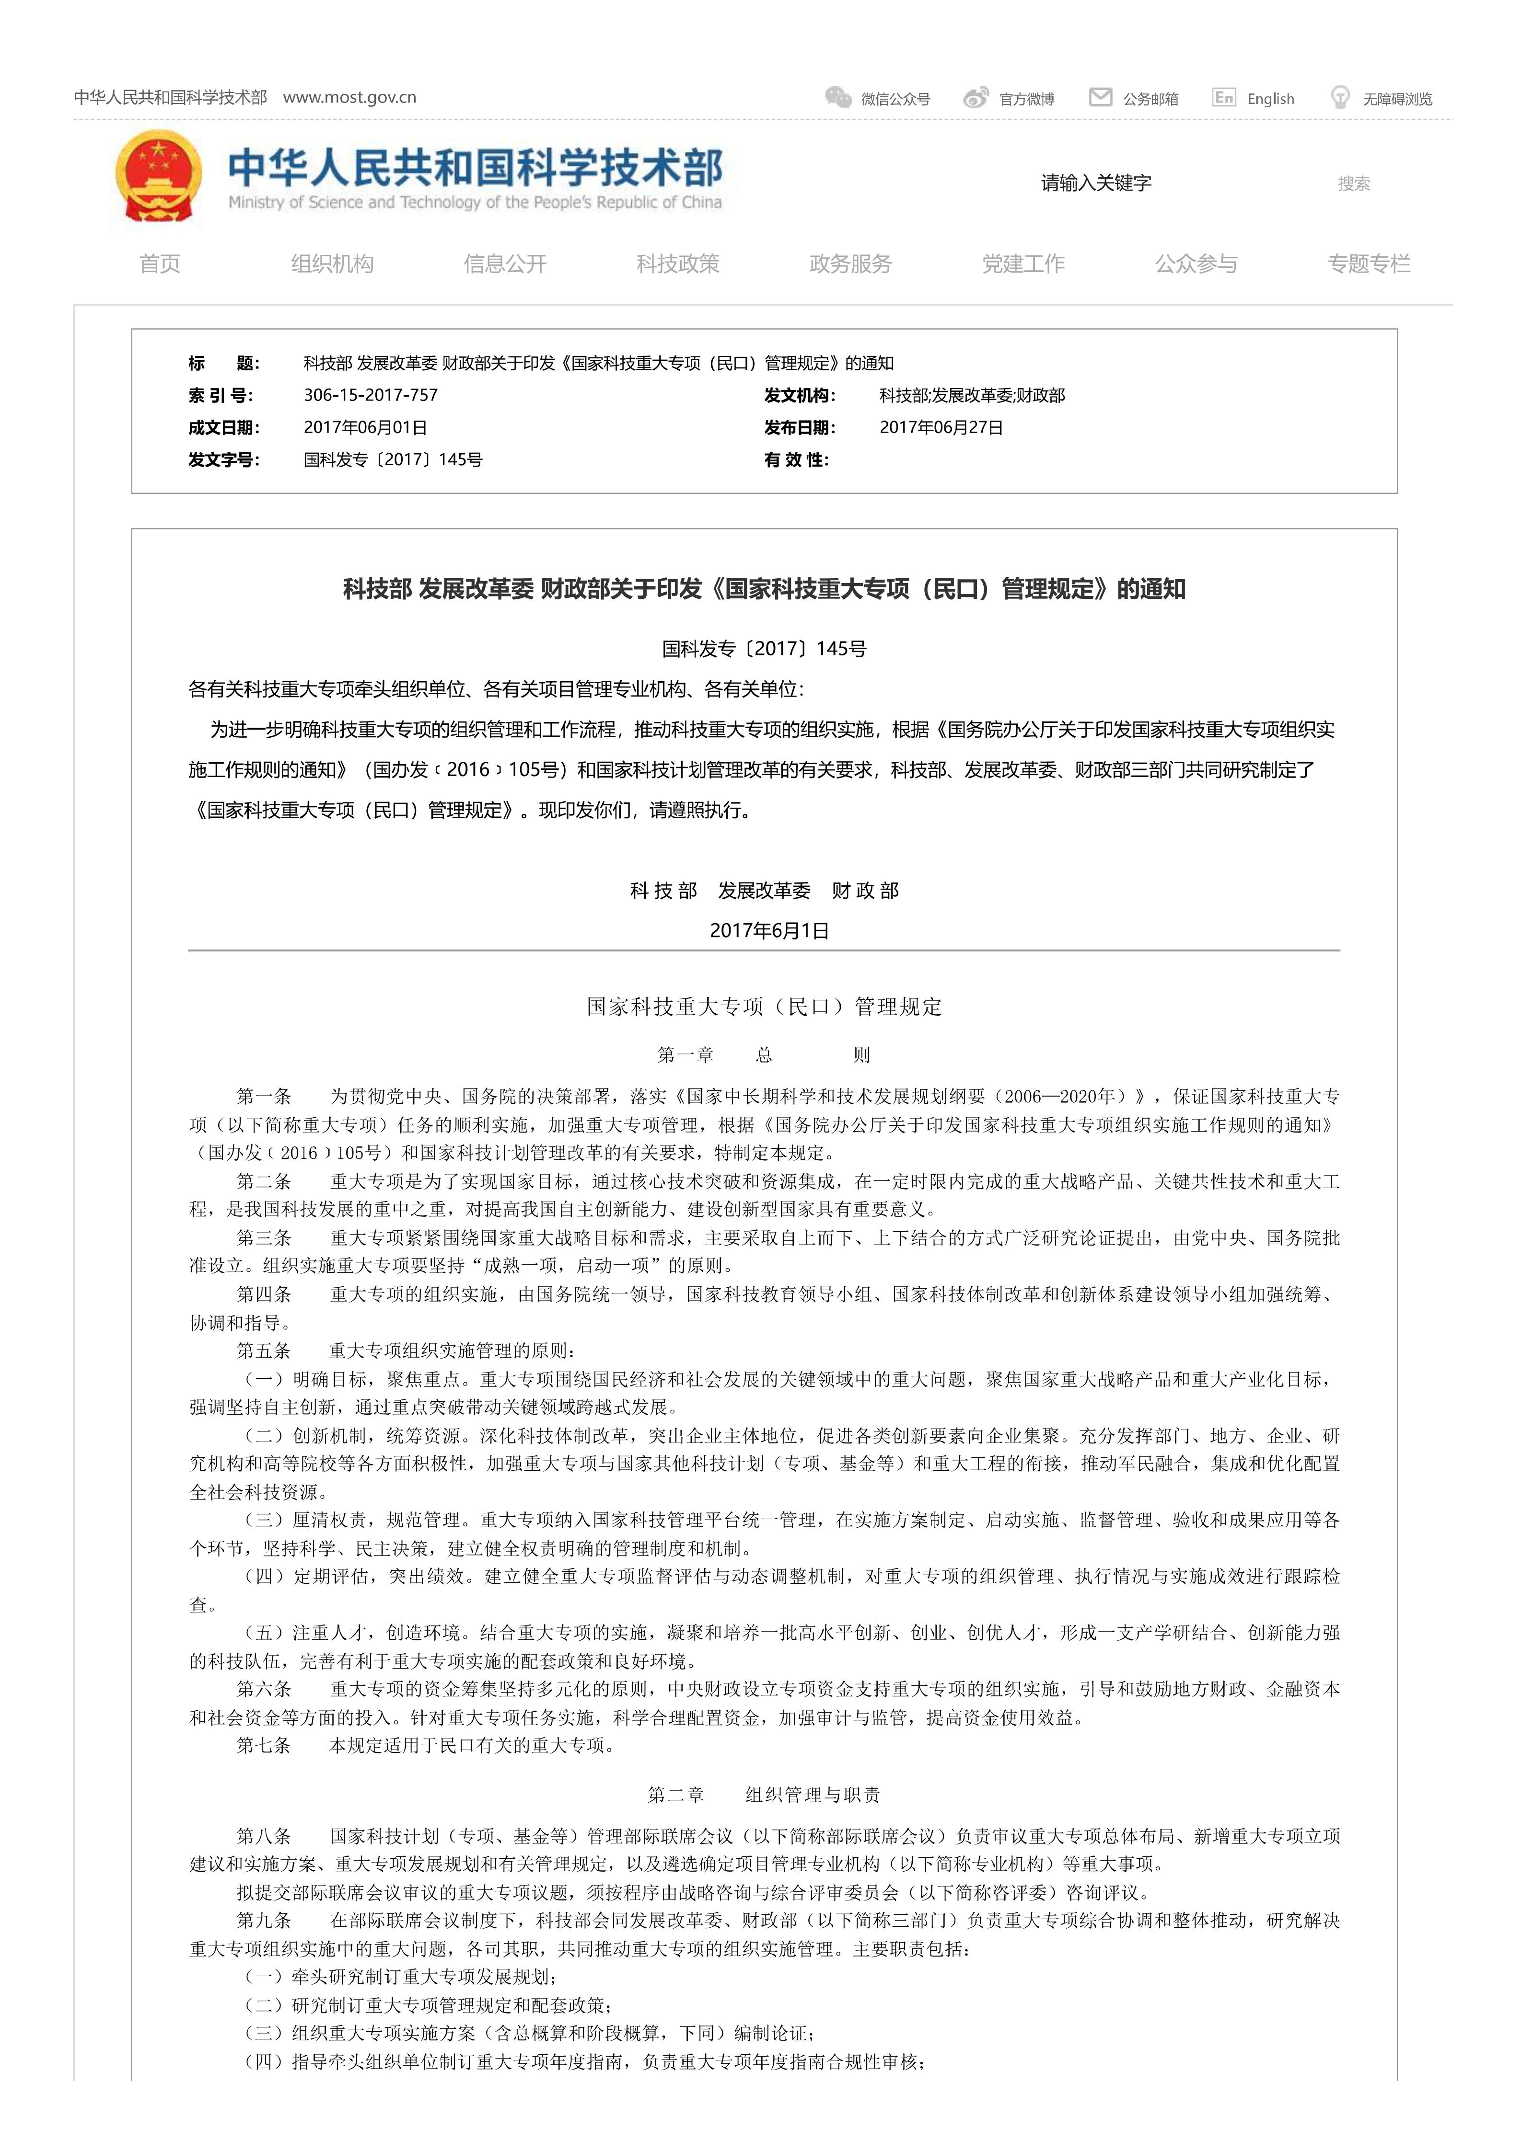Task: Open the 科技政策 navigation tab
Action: [x=678, y=264]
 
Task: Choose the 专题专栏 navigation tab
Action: [x=1368, y=264]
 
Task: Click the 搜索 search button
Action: [x=1353, y=183]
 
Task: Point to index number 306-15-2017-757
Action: [x=370, y=395]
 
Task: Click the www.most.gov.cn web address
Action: [x=349, y=97]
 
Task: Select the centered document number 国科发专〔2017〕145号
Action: [x=764, y=648]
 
